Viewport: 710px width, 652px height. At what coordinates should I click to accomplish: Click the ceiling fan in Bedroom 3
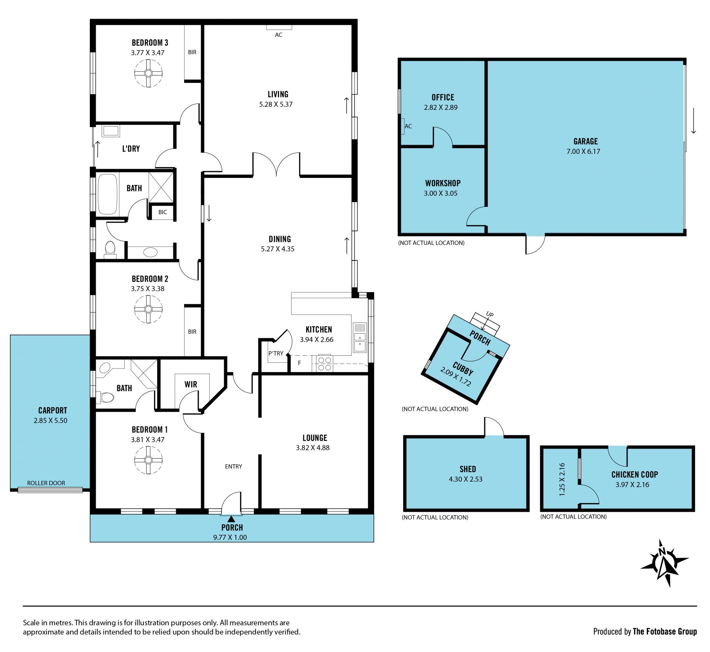pos(148,73)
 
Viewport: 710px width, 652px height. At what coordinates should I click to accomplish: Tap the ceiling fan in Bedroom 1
pos(148,460)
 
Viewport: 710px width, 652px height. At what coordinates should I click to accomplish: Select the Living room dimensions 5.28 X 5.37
pos(276,105)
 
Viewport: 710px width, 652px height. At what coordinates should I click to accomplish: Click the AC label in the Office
pos(408,126)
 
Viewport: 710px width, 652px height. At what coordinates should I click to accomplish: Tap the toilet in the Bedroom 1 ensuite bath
pos(106,397)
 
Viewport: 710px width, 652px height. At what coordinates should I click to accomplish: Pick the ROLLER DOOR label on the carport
pos(46,483)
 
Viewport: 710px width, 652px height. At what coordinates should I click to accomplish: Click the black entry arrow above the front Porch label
pos(231,519)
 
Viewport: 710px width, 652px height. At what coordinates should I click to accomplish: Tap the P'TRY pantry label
pos(276,354)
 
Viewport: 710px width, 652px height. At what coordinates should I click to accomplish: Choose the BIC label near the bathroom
pos(163,212)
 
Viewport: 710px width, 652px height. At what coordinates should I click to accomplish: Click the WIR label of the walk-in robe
pos(191,385)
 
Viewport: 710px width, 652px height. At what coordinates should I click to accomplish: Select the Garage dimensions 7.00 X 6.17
pos(583,151)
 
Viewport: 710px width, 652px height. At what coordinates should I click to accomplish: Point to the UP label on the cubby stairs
pos(490,314)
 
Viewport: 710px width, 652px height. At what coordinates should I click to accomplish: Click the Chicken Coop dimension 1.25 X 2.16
pos(562,479)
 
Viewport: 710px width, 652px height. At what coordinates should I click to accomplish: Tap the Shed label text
pos(468,469)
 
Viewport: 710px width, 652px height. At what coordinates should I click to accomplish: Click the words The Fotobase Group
pos(665,631)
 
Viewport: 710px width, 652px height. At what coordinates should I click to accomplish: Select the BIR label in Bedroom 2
pos(192,332)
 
